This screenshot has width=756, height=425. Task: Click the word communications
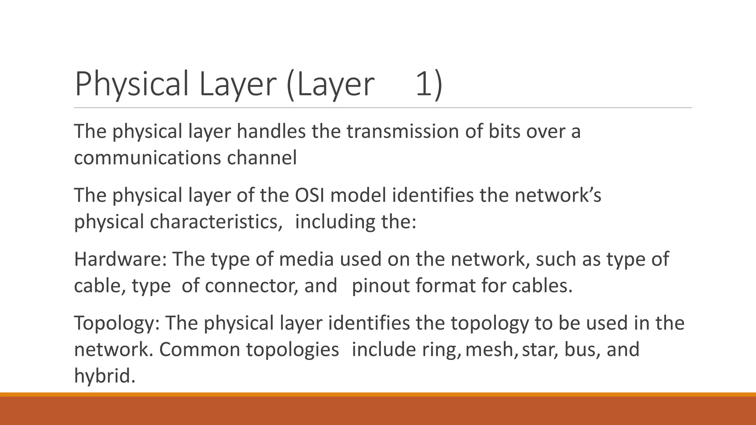[147, 158]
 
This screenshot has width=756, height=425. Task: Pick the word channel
[262, 158]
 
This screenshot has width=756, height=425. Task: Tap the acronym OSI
[309, 195]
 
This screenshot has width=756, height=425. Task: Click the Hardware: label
[120, 259]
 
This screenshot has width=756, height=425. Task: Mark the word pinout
[381, 286]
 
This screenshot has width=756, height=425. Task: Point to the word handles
[271, 131]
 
